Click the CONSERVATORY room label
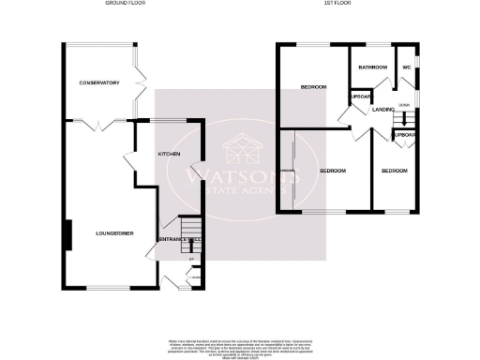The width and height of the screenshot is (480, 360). (x=99, y=83)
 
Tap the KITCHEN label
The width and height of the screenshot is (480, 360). (x=169, y=154)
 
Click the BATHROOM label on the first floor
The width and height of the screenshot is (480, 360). (x=371, y=67)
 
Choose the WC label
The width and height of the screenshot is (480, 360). (x=407, y=67)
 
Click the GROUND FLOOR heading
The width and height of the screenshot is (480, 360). (x=124, y=4)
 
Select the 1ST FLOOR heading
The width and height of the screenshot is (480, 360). (x=337, y=4)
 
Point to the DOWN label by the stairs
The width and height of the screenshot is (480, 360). (x=403, y=105)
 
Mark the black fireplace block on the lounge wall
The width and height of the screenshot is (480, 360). (x=67, y=234)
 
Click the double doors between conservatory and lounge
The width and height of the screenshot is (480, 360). (x=97, y=124)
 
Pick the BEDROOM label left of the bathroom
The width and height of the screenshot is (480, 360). (x=313, y=87)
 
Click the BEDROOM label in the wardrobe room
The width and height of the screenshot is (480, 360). (x=333, y=172)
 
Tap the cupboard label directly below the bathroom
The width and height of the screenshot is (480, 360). (x=360, y=97)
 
